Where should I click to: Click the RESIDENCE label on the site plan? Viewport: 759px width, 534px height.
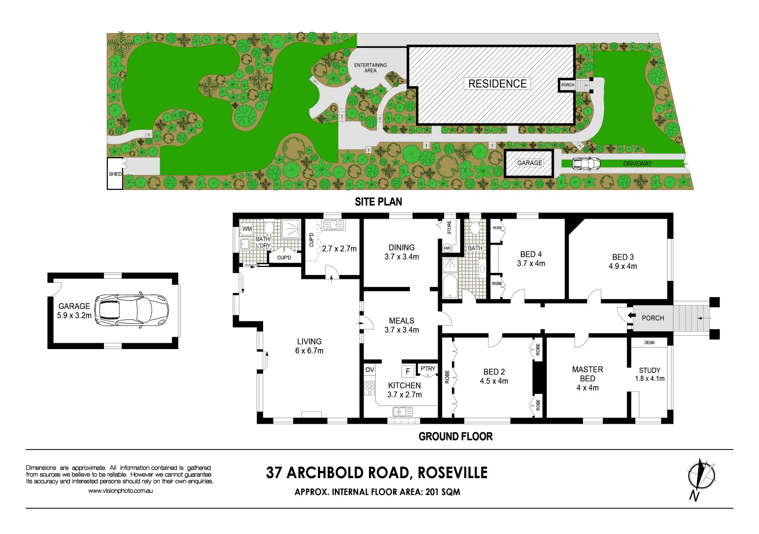(x=497, y=84)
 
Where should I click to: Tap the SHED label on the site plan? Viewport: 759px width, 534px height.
(x=115, y=174)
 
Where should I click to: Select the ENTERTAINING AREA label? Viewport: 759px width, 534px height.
(x=370, y=68)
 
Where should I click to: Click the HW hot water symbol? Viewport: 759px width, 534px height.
(x=447, y=248)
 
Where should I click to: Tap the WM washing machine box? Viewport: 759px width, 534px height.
(x=247, y=229)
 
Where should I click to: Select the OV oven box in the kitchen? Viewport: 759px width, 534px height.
(x=370, y=370)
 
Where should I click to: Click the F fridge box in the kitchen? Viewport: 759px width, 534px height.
(x=407, y=371)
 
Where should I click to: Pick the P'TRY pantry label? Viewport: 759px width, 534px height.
(x=428, y=369)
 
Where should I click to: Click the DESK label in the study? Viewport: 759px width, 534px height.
(x=649, y=343)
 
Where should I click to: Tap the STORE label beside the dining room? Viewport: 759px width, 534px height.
(x=449, y=227)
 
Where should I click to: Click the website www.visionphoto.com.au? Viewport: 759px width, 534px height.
(x=120, y=490)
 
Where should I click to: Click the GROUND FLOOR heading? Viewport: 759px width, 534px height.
(x=455, y=437)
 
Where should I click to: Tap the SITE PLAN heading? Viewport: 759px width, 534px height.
(x=378, y=202)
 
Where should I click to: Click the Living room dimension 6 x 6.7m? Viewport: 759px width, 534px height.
(x=309, y=351)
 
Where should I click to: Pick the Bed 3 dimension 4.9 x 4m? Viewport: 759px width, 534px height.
(x=623, y=267)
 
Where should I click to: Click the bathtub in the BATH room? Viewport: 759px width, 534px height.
(x=449, y=286)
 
